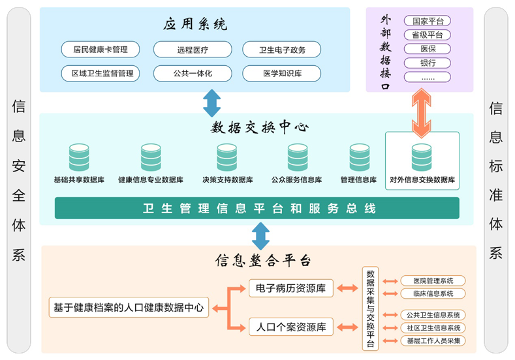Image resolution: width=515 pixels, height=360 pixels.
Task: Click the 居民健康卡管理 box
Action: coord(101,50)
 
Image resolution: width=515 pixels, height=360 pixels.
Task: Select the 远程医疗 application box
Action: coord(193,50)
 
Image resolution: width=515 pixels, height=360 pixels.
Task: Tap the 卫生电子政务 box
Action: coord(282,50)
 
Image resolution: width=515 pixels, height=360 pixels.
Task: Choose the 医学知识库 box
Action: coord(282,74)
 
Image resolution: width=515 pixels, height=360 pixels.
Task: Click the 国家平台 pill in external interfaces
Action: coord(428,22)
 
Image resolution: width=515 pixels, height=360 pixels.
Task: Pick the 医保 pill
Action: coord(428,49)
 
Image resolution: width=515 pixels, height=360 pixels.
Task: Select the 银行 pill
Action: coord(428,63)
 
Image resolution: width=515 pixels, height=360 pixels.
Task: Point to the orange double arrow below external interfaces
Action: coord(421,111)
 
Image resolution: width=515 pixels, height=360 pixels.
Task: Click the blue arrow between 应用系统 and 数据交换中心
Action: coord(212,102)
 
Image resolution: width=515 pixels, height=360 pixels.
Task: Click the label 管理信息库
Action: coord(358,180)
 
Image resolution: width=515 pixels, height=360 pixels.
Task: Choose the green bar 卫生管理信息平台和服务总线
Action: coord(257,209)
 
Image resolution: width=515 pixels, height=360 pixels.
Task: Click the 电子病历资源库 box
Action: coord(291,288)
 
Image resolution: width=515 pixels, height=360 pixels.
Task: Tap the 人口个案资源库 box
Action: coord(291,327)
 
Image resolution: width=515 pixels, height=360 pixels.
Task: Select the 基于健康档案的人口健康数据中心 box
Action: coord(129,307)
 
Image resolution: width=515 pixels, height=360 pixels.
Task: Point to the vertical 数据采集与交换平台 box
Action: coord(370,308)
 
